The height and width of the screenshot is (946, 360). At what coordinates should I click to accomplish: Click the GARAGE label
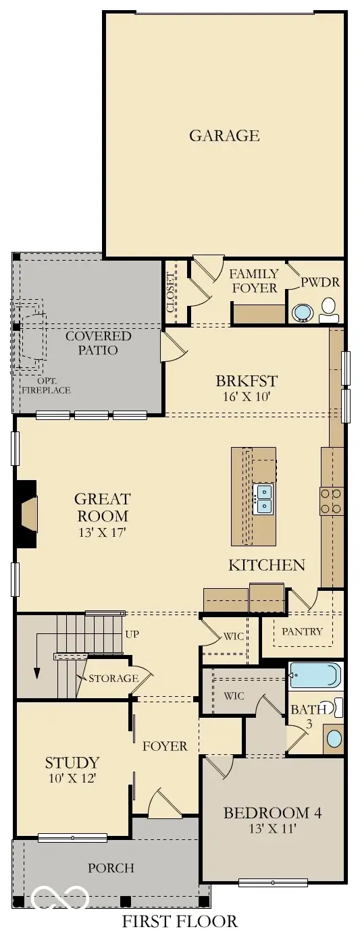(224, 135)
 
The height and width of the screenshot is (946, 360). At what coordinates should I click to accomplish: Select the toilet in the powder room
(330, 309)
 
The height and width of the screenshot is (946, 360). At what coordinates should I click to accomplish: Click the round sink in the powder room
(302, 313)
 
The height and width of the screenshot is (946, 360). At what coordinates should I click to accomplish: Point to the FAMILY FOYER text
(254, 280)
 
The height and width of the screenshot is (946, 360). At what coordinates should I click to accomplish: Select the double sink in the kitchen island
(263, 499)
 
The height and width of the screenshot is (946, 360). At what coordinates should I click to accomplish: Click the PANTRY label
(302, 632)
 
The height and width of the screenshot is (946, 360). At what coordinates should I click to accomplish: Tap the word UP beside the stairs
(132, 635)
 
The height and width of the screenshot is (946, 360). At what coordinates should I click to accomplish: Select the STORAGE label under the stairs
(113, 678)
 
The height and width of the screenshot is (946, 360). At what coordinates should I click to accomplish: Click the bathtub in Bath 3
(314, 675)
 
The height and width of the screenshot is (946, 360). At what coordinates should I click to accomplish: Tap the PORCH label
(111, 868)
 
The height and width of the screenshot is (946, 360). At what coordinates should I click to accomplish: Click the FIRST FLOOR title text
(180, 921)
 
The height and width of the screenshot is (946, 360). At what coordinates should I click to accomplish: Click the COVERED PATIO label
(98, 343)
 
